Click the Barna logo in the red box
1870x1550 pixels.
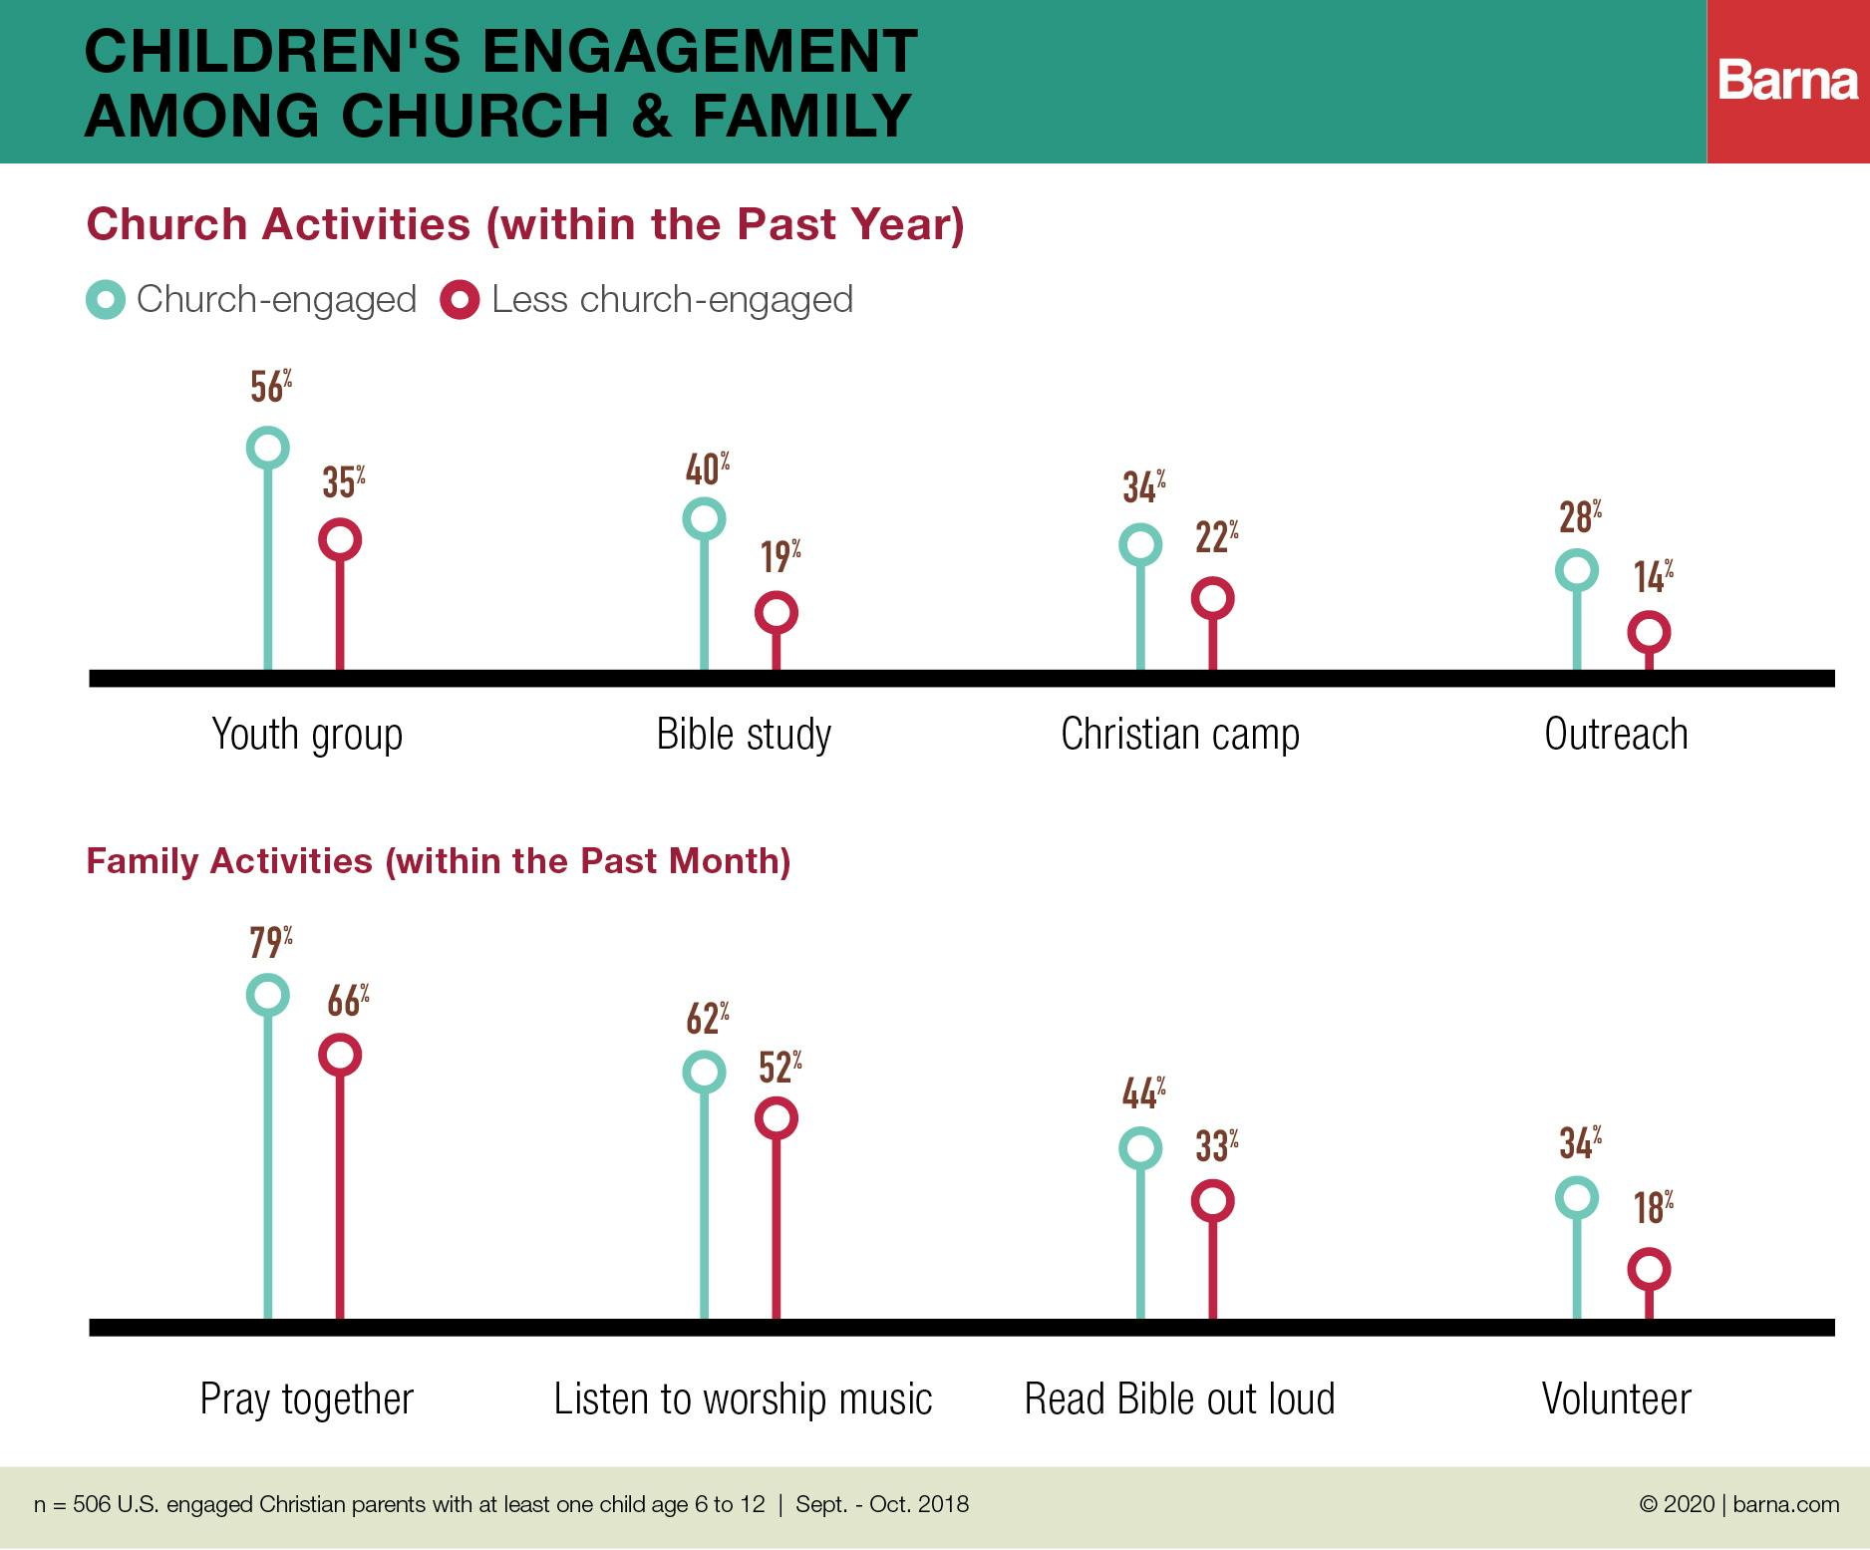point(1787,81)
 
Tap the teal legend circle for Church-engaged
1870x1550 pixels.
point(106,300)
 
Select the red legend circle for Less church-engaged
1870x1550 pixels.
point(460,300)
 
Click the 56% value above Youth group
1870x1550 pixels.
point(270,386)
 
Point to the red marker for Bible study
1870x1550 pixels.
point(777,612)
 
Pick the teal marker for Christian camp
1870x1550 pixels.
point(1140,545)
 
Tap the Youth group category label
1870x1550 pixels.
point(307,735)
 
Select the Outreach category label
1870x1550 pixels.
point(1616,735)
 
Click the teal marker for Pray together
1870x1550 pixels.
point(267,995)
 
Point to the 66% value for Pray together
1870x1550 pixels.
point(348,1001)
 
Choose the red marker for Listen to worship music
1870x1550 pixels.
point(777,1118)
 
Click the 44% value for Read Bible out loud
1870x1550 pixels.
point(1143,1093)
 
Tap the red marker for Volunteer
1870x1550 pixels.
point(1649,1269)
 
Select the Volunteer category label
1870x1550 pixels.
point(1616,1399)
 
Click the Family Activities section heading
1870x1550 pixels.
point(439,861)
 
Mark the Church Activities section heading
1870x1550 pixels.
point(525,224)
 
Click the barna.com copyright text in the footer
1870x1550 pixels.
point(1738,1504)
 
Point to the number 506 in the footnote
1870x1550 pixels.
point(92,1504)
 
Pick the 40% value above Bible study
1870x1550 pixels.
point(707,469)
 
